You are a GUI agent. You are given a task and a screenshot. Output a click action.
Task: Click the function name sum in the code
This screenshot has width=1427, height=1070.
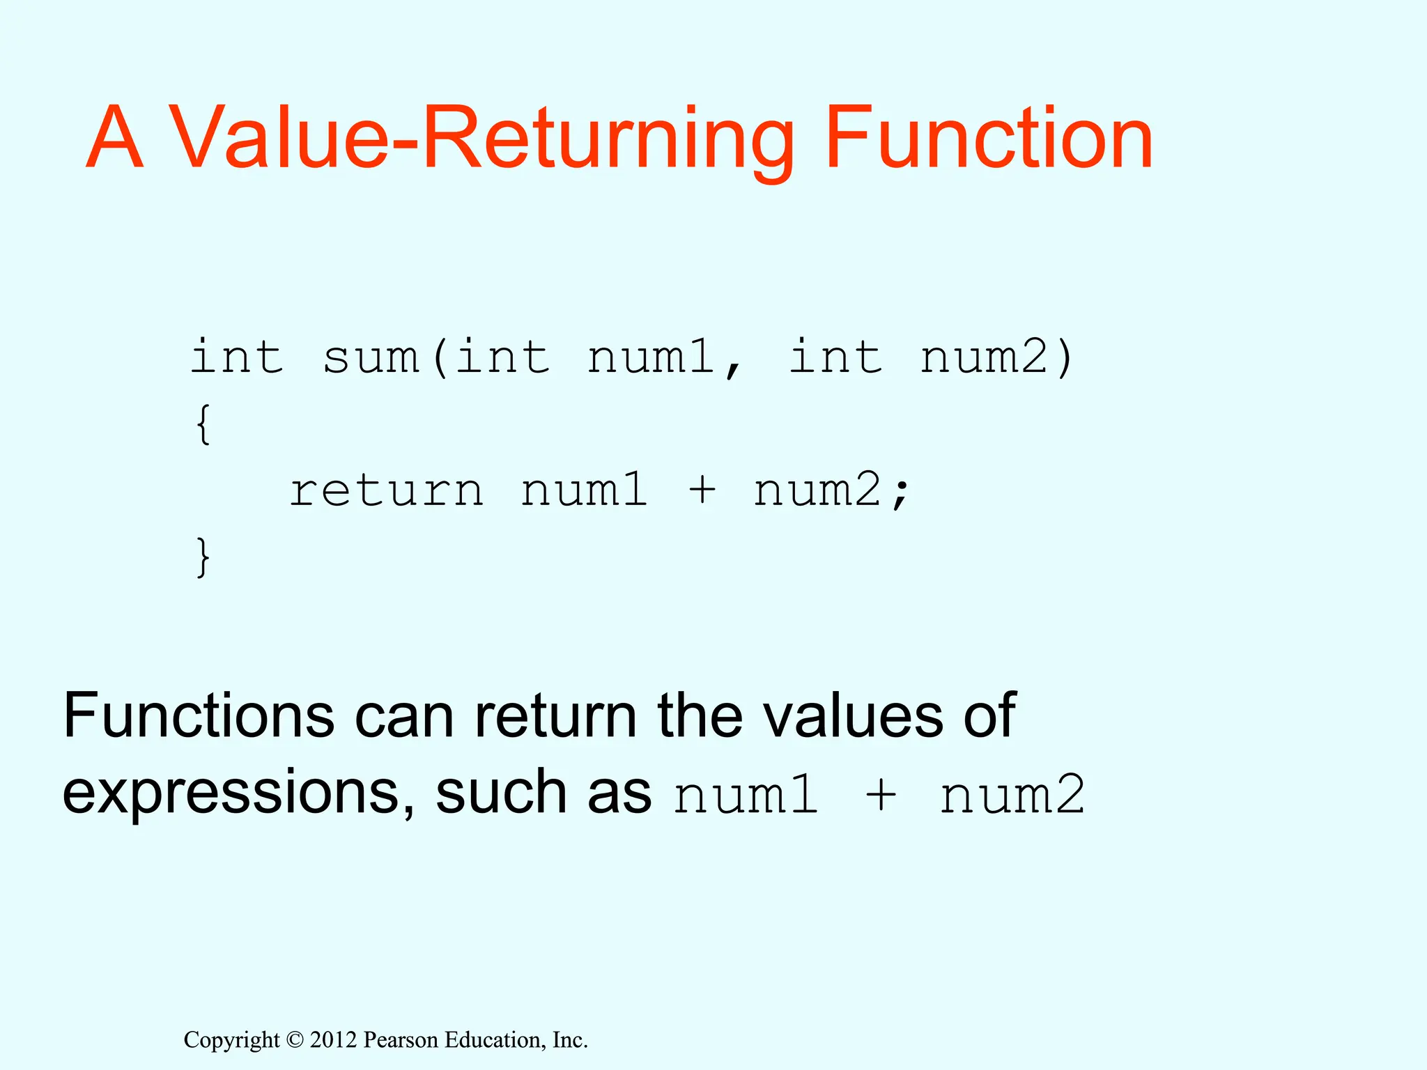[x=371, y=358]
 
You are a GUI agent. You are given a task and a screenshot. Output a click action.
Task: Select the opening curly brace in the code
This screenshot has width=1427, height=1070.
[x=203, y=424]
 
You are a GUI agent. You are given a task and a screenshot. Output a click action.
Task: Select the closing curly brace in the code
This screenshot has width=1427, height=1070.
[x=203, y=557]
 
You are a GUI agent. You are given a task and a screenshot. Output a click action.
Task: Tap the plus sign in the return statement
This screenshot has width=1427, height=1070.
[x=702, y=489]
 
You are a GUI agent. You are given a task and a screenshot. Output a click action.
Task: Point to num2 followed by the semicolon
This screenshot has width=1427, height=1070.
[x=817, y=490]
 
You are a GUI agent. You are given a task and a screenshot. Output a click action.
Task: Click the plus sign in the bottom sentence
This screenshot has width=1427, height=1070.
[x=881, y=795]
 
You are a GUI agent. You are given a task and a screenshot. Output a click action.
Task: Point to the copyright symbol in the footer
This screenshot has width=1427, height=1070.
[x=295, y=1040]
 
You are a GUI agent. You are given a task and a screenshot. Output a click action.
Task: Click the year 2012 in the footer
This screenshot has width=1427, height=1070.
[x=333, y=1040]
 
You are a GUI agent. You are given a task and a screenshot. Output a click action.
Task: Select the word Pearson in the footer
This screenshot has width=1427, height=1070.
[x=401, y=1040]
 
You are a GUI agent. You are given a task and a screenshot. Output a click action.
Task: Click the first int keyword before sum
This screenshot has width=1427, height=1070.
[x=238, y=358]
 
